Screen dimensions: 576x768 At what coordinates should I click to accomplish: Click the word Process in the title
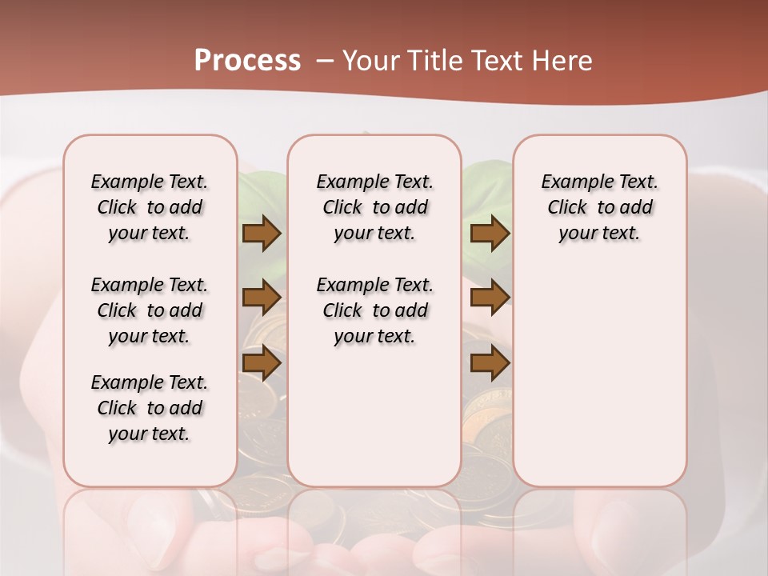[247, 61]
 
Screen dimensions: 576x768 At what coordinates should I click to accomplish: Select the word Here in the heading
[564, 61]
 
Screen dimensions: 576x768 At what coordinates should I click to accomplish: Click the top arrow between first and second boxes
[262, 234]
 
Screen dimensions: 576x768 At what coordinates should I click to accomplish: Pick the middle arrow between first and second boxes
[262, 298]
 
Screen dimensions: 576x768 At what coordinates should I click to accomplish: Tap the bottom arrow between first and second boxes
[262, 363]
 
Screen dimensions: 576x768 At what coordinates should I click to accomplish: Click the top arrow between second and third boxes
[490, 234]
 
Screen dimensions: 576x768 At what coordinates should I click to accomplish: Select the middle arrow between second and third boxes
[490, 298]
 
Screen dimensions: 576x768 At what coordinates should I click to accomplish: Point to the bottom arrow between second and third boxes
[490, 363]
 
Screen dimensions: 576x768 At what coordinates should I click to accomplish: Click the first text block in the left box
[150, 207]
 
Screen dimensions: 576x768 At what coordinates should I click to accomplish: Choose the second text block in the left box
[150, 310]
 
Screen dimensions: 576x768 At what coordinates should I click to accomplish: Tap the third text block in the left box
[150, 408]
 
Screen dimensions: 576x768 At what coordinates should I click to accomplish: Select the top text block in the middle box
[374, 207]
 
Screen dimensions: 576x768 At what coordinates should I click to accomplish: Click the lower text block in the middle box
[374, 310]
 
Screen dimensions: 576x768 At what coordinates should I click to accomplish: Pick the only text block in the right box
[599, 207]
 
